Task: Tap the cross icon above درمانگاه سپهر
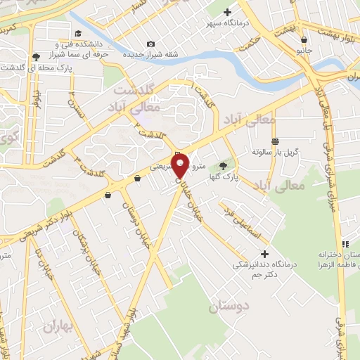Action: coord(227,12)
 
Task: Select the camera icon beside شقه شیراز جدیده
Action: coord(150,44)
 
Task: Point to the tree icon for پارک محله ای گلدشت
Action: coord(36,56)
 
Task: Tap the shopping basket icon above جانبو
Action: coord(303,39)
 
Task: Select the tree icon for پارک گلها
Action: coord(224,166)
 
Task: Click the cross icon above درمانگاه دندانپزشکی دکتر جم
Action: coord(264,253)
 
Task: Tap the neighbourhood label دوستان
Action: coord(229,307)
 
